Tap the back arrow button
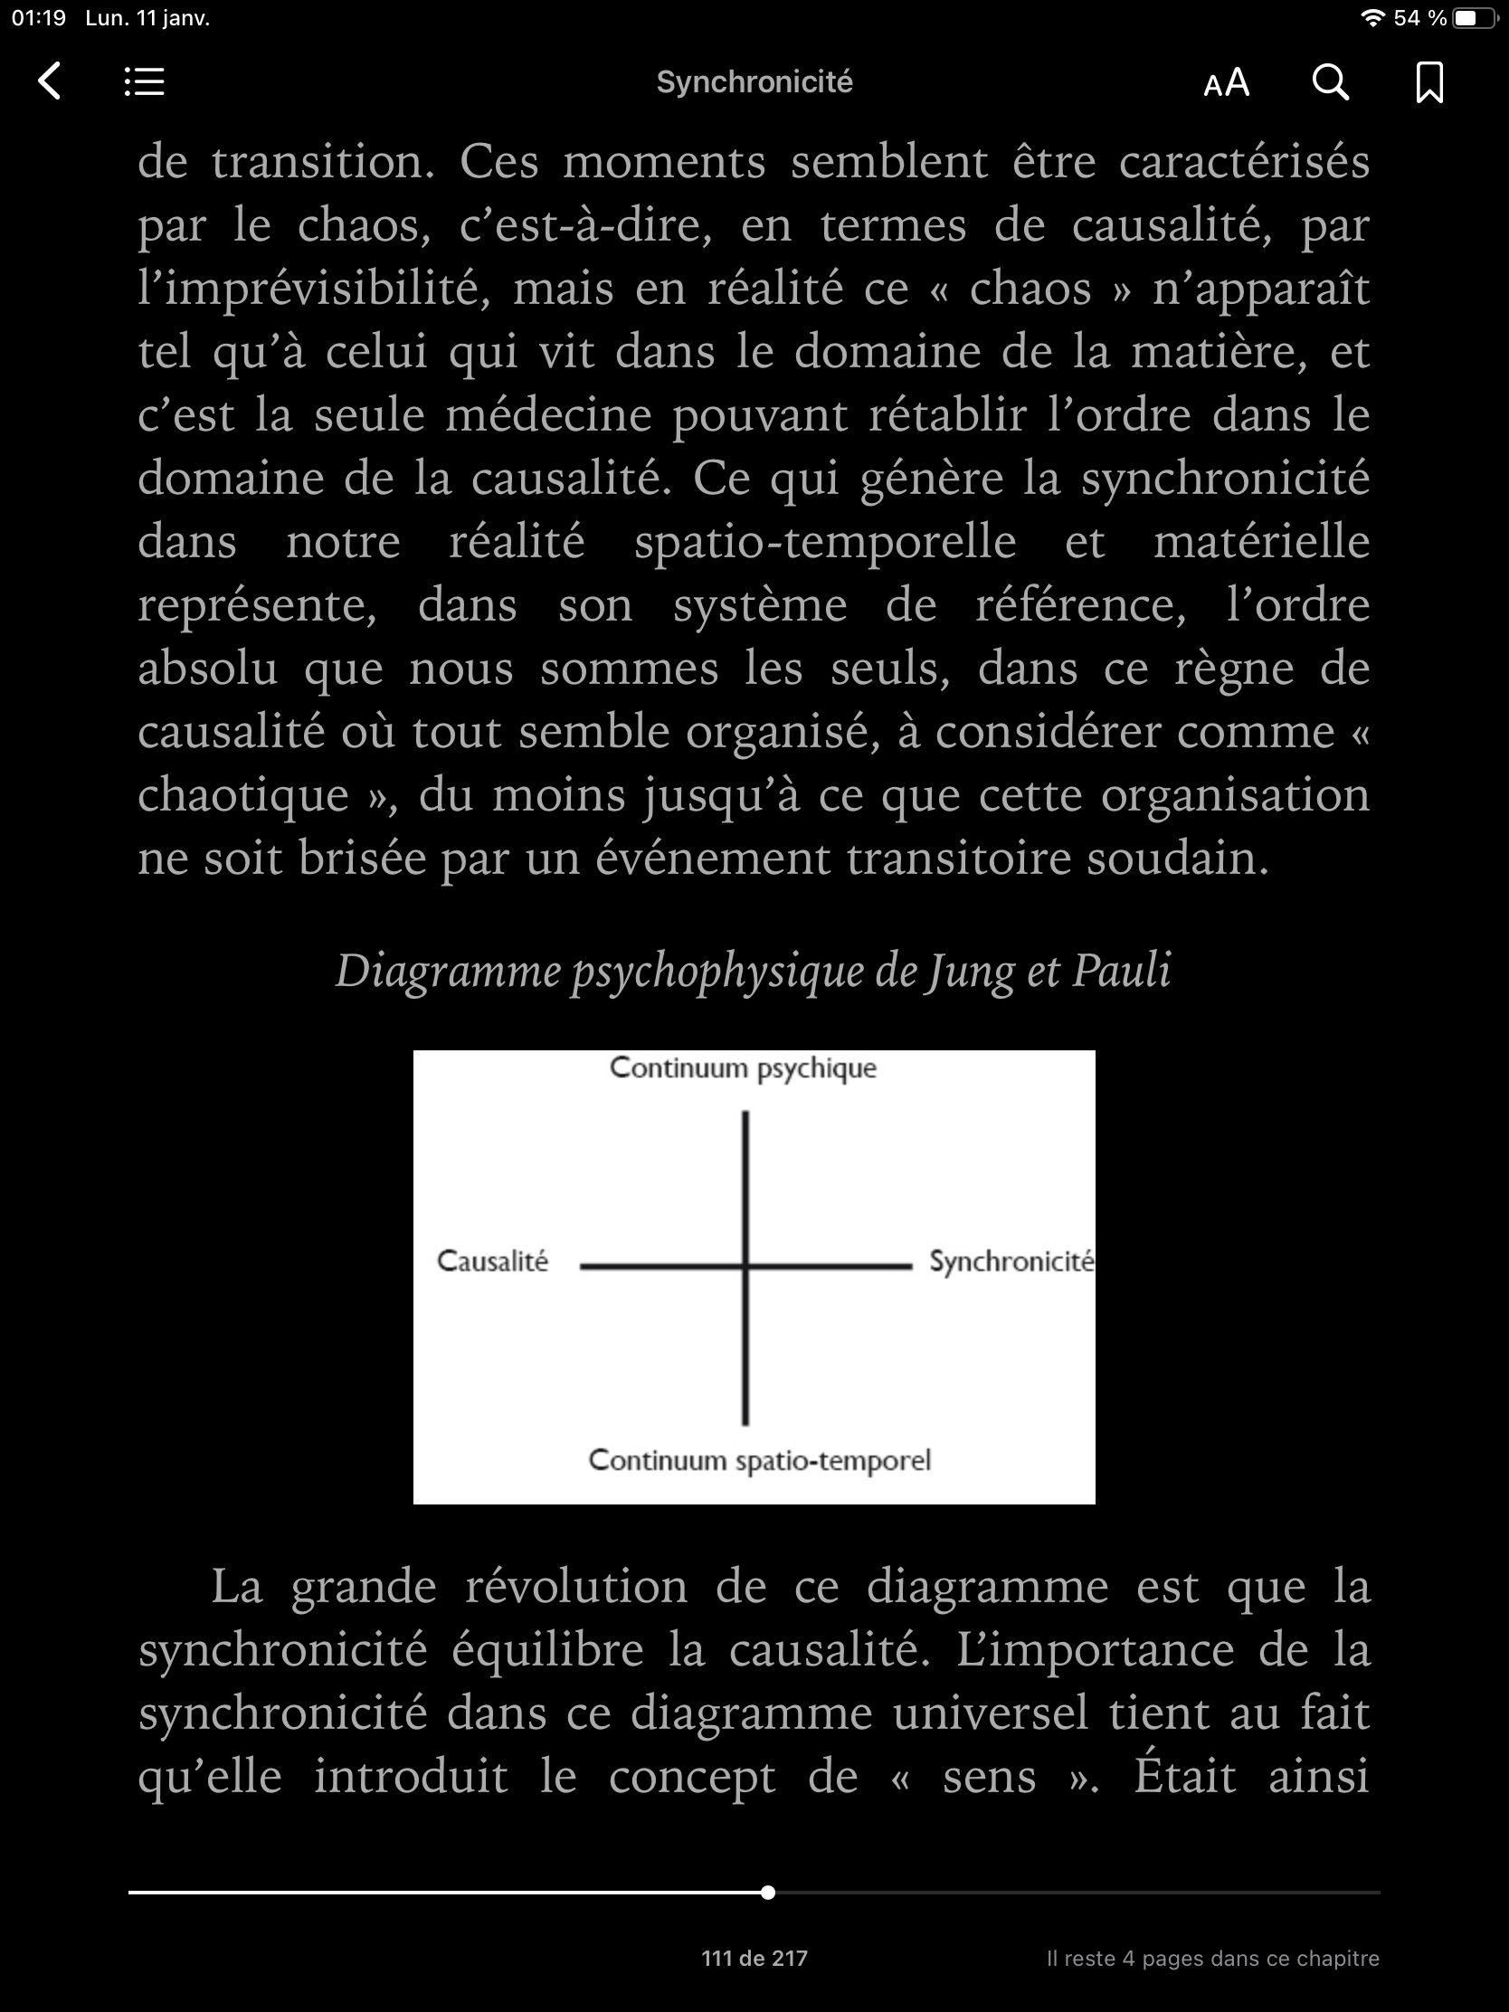50,81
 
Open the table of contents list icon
144,81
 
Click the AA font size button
1226,82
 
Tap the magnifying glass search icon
1330,81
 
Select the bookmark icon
1429,81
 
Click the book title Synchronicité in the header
754,81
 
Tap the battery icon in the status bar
1475,18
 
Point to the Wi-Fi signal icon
1372,18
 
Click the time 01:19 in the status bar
39,18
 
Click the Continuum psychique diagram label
743,1068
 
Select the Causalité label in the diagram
492,1261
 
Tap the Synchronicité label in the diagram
1011,1262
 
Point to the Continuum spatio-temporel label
760,1460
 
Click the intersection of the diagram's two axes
745,1266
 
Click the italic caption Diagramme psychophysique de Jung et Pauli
753,971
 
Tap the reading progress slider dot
768,1893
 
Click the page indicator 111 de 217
754,1959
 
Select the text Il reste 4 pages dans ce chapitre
1211,1959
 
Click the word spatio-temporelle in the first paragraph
824,542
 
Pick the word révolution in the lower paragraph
575,1586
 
